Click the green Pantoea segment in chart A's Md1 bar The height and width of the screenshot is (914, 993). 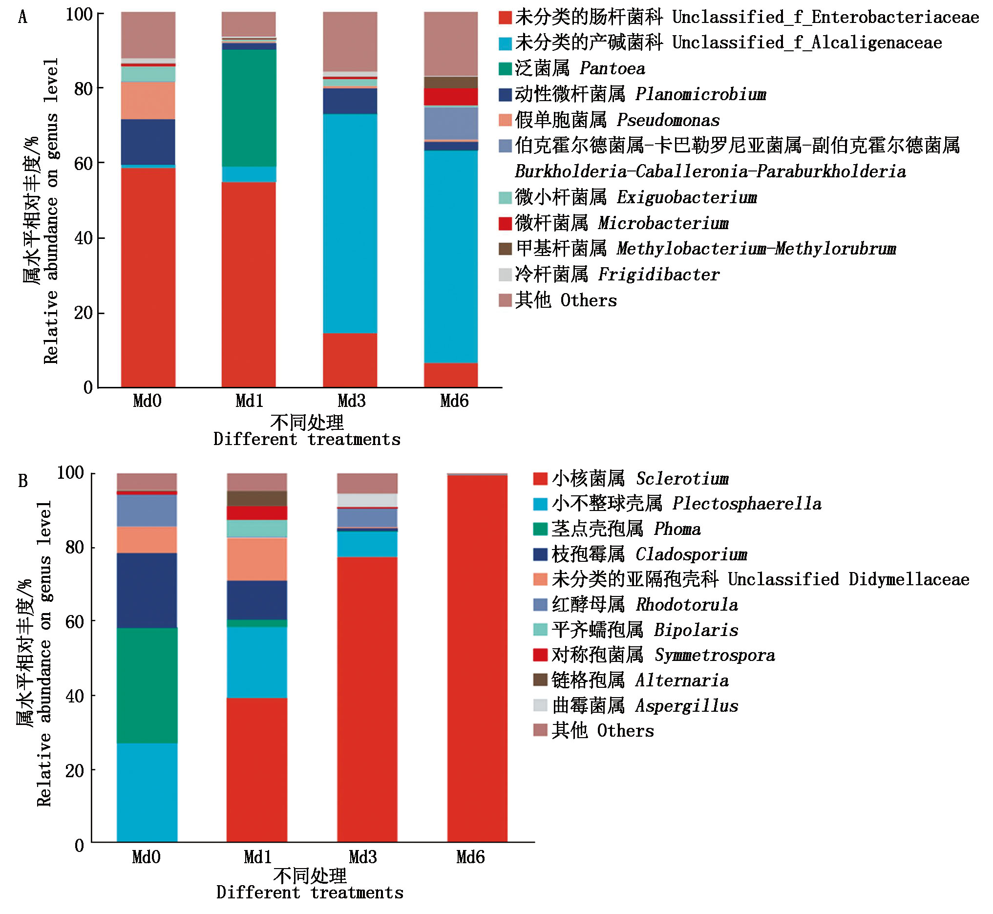pos(249,108)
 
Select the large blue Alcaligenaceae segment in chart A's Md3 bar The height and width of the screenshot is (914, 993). pos(350,223)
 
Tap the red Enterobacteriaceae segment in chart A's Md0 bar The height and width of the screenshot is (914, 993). pos(148,277)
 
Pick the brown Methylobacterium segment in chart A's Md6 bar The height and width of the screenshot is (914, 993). pos(450,83)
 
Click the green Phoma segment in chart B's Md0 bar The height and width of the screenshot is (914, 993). pos(147,685)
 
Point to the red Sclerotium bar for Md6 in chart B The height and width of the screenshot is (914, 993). pos(477,658)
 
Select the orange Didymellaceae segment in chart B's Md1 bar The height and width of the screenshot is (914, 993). pos(256,559)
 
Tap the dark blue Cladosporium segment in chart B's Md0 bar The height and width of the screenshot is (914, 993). pos(147,591)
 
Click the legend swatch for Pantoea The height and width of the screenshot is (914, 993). pos(505,69)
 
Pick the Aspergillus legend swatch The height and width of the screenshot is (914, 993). pos(540,705)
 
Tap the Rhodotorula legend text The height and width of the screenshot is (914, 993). pos(645,604)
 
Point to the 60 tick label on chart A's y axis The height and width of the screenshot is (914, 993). pos(83,164)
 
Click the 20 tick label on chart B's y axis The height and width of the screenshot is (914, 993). pos(74,770)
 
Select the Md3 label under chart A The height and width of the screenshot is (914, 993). pos(351,401)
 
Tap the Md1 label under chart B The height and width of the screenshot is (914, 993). pos(257,857)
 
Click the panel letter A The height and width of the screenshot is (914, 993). pos(23,18)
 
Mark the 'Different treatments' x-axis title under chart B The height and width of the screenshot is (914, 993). pos(310,893)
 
